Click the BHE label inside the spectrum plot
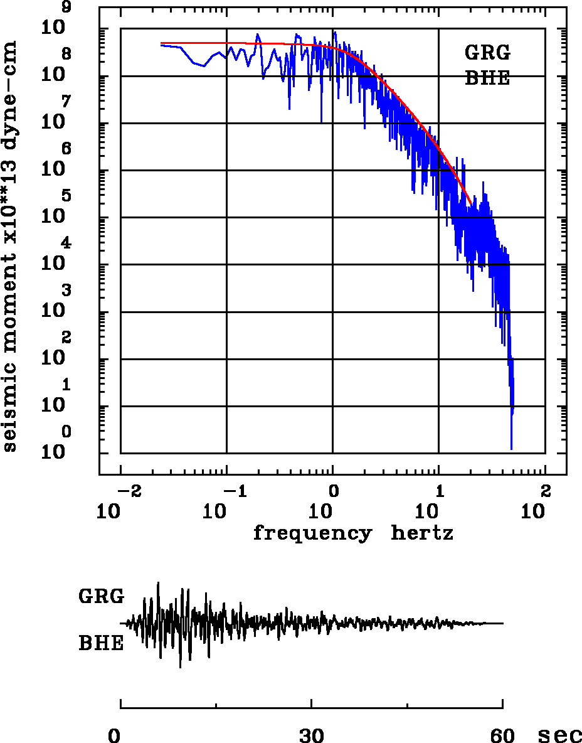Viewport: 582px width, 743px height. point(487,78)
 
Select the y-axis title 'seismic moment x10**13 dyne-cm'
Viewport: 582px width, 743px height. point(10,245)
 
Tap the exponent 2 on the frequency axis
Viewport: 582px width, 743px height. point(545,489)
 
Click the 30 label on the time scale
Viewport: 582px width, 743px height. point(312,734)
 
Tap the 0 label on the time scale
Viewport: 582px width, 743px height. point(115,734)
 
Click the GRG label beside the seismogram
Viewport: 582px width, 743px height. point(101,597)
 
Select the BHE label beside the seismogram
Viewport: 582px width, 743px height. point(101,644)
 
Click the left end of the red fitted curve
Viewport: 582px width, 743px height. point(162,43)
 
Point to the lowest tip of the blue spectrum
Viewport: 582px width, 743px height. point(512,449)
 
